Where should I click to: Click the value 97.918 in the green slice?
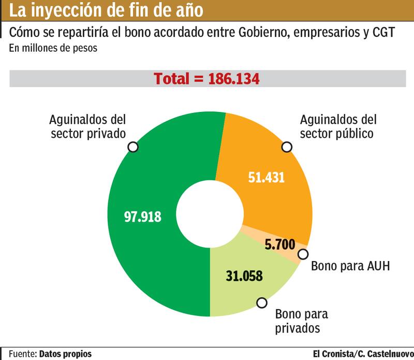143,217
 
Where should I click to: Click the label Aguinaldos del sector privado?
88,126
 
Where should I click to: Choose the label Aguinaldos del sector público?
338,126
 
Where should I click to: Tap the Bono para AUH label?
350,267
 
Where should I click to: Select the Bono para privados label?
301,321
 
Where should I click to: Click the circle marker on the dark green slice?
133,147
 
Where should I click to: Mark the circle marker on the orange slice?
287,147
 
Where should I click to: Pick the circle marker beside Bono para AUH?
303,254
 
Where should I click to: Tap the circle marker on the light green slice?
262,303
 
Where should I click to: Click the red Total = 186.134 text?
206,79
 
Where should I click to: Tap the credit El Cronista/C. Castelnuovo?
363,354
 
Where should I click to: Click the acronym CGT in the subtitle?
383,33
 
